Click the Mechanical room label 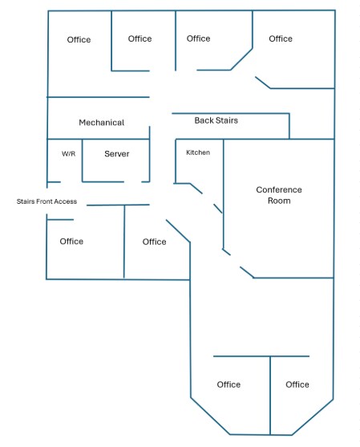[x=101, y=123]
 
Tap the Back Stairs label [x=216, y=120]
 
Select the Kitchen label [x=198, y=152]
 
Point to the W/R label [x=69, y=153]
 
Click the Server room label [x=117, y=153]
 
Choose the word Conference [x=279, y=189]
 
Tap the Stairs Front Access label [x=47, y=201]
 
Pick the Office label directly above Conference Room [x=281, y=39]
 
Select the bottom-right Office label [x=297, y=384]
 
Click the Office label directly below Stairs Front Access [x=71, y=242]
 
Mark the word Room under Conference [x=279, y=201]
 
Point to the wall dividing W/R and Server [x=83, y=161]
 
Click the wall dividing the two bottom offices [x=270, y=396]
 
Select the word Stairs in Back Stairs [x=227, y=120]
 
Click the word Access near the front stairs [x=66, y=201]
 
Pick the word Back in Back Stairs [x=204, y=120]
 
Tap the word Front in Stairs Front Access [x=44, y=201]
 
